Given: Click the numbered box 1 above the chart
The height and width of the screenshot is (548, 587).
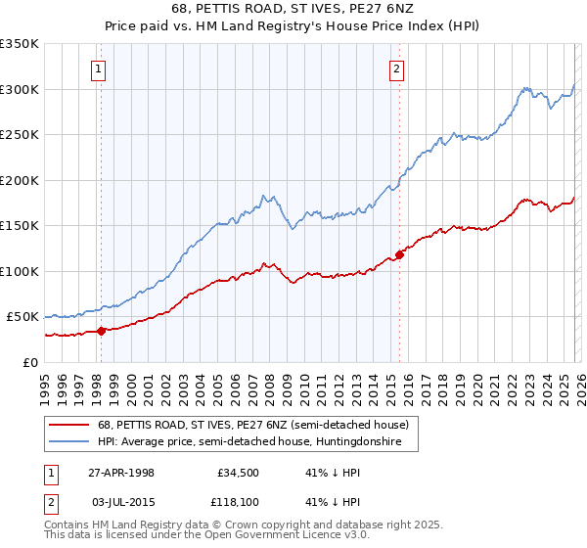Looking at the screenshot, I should coord(100,68).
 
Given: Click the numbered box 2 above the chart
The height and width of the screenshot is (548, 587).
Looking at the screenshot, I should coord(397,68).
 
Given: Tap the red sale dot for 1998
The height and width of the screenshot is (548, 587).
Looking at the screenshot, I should coord(101,330).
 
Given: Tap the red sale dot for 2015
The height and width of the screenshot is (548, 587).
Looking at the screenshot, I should coord(399,254).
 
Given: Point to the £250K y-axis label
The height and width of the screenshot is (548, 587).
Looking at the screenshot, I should coord(20,135).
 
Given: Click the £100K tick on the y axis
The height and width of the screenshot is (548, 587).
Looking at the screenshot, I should coord(20,271).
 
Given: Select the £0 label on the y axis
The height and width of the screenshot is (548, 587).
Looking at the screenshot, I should coord(31,362).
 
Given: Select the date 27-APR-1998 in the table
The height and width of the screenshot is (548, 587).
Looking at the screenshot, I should coord(121,472).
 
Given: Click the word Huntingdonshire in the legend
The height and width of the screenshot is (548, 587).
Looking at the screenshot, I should coord(373,442).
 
